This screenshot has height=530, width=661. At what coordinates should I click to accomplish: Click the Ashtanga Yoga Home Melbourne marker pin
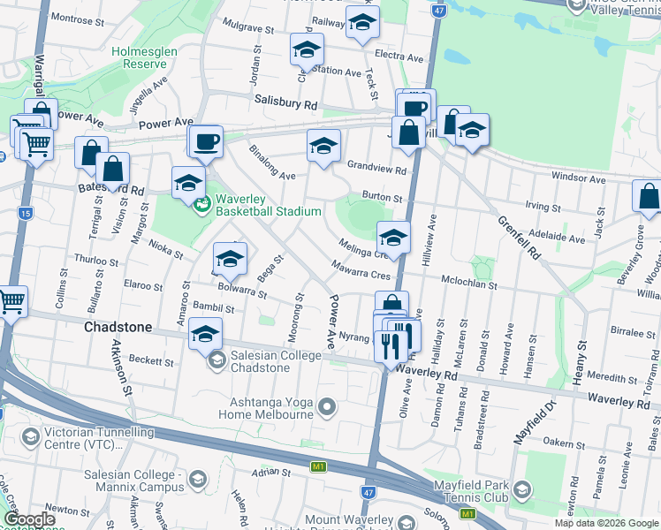coord(328,407)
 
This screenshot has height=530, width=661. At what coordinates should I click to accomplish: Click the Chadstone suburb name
coord(118,327)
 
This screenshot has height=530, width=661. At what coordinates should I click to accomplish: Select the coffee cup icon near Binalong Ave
coord(206,140)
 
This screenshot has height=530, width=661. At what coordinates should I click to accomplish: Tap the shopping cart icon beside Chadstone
coord(11,301)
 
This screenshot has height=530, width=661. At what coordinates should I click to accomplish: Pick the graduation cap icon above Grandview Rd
coord(323,144)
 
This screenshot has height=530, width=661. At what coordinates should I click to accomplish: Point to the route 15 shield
coord(25,213)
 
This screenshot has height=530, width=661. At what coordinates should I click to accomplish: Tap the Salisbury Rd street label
coord(285,103)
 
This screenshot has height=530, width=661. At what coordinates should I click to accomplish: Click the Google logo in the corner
coord(30,519)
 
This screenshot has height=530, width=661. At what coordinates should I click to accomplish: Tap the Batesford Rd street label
coord(111,190)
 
